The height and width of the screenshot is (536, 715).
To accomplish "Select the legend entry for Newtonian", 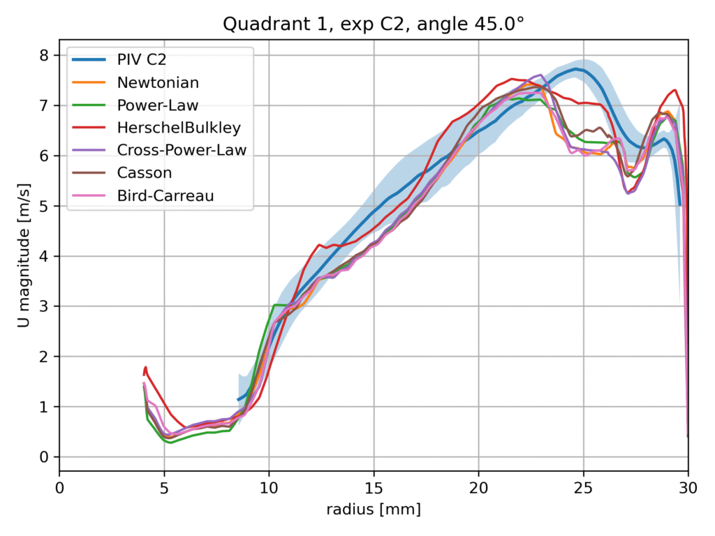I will click(x=158, y=82).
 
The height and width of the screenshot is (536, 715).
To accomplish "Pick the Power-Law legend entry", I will click(x=158, y=105).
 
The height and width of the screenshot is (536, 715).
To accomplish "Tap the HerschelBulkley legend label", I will click(x=179, y=127).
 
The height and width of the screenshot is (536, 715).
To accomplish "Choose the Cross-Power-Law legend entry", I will click(x=182, y=149).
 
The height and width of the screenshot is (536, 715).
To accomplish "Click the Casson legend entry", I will click(x=145, y=172).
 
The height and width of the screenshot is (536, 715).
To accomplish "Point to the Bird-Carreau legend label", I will click(x=165, y=195).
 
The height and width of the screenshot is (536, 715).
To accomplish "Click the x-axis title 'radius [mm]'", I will click(x=374, y=510).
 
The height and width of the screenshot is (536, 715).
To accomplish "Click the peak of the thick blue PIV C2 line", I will click(x=576, y=68).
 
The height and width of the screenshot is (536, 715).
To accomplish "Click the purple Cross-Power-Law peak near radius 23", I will click(x=539, y=75).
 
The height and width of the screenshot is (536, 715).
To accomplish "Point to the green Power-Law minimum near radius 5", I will click(x=170, y=442).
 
